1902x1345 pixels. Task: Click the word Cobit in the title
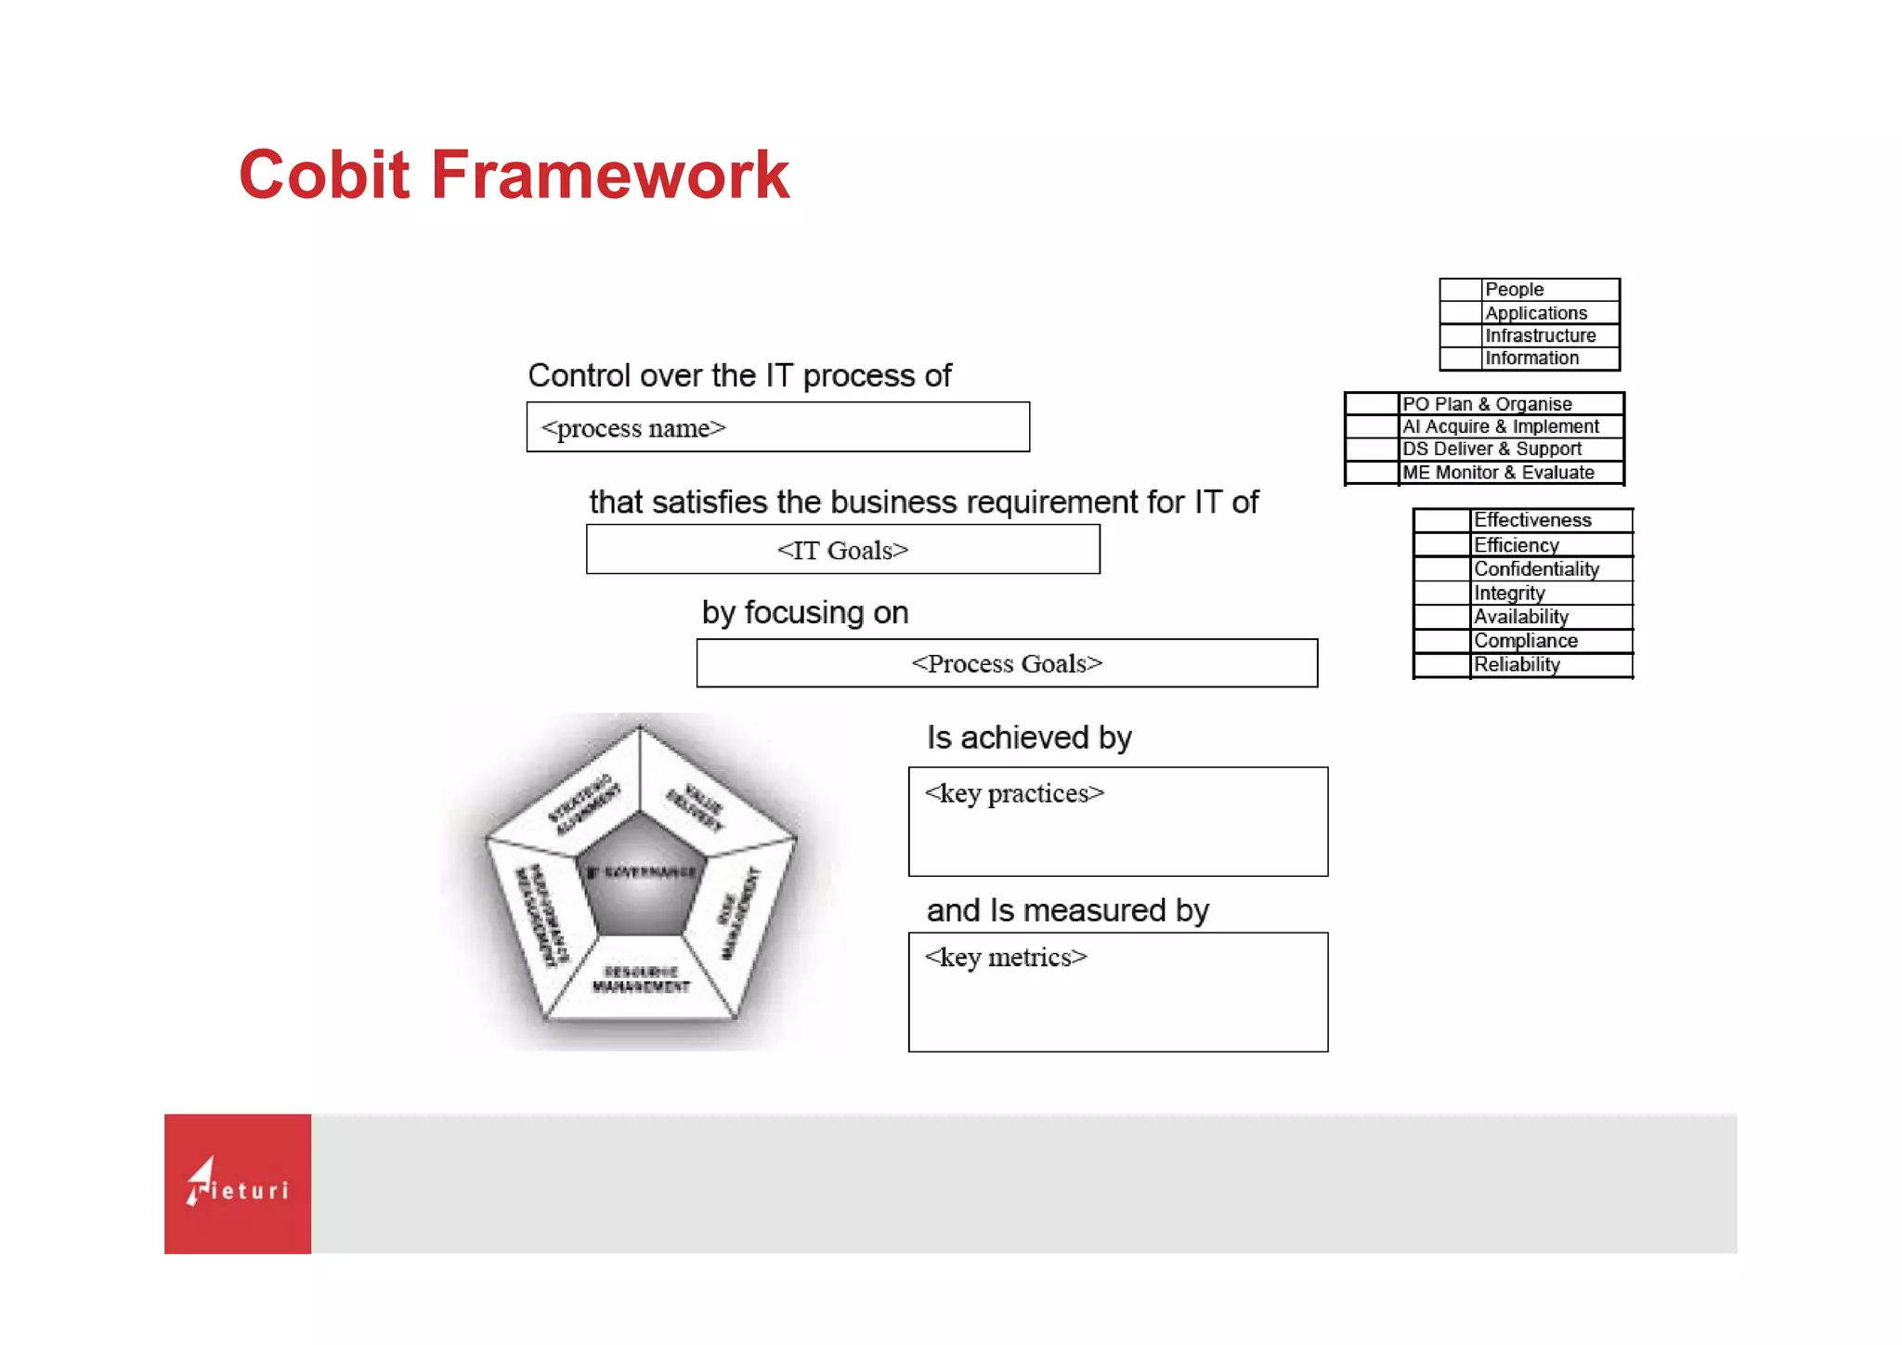[323, 175]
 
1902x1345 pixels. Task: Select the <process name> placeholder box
[777, 427]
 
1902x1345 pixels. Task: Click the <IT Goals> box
[842, 550]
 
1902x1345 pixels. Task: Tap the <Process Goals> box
[1007, 663]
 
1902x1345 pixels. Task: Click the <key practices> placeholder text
[1014, 793]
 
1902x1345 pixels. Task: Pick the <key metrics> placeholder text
[1006, 958]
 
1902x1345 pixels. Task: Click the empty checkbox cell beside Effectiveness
[1441, 520]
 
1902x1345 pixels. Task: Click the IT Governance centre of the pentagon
[641, 878]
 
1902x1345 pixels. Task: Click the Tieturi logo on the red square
[238, 1183]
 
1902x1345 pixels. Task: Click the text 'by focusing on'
[804, 613]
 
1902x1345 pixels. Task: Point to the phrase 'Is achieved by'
[1028, 738]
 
